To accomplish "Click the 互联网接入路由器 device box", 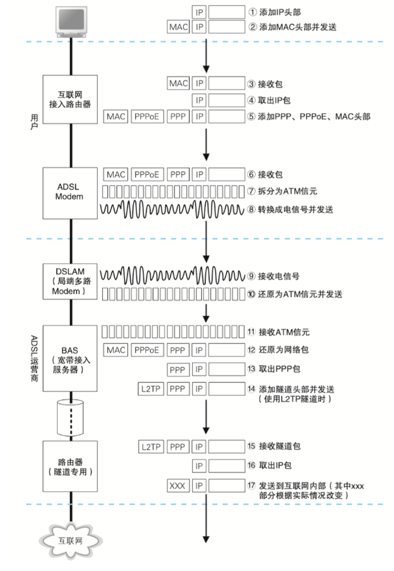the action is [x=70, y=99].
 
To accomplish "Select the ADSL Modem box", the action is [x=70, y=193].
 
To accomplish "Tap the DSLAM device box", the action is [x=70, y=281].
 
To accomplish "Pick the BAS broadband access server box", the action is [x=70, y=358].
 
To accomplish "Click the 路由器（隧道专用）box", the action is [x=70, y=466].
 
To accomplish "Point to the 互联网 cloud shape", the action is [x=70, y=540].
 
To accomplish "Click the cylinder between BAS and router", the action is [x=70, y=418].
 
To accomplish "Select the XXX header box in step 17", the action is [x=178, y=486].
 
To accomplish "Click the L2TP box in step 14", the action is [x=151, y=389].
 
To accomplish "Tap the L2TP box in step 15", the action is [x=151, y=447].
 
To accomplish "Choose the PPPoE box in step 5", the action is [x=147, y=116].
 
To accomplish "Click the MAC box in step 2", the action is [x=178, y=27].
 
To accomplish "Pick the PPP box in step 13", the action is [x=178, y=369].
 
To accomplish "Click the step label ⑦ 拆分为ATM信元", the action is [x=282, y=191].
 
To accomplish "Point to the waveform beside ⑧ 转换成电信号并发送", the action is [x=172, y=209].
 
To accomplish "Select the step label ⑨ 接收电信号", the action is [x=273, y=276].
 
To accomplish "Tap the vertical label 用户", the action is [x=34, y=122].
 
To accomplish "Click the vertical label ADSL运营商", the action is [x=34, y=359].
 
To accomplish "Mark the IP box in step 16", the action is [x=199, y=466].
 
